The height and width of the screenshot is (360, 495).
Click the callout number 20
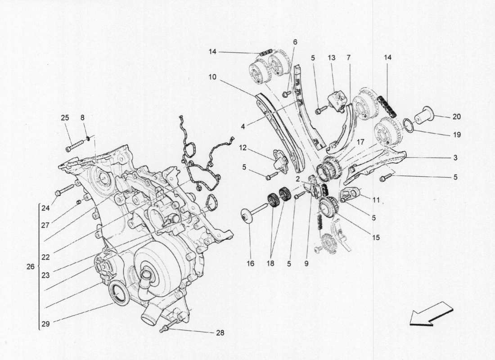[457, 117]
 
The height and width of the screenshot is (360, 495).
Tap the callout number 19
[457, 135]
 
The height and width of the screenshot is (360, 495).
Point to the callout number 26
[31, 266]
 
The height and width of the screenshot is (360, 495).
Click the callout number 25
[65, 118]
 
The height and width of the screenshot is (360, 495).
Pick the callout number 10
[212, 77]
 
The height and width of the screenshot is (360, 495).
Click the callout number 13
[332, 58]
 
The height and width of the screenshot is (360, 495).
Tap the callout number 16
[251, 263]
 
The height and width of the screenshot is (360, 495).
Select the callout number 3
[455, 157]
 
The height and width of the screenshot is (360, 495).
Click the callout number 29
[45, 323]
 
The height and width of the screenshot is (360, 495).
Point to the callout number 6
[295, 42]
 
